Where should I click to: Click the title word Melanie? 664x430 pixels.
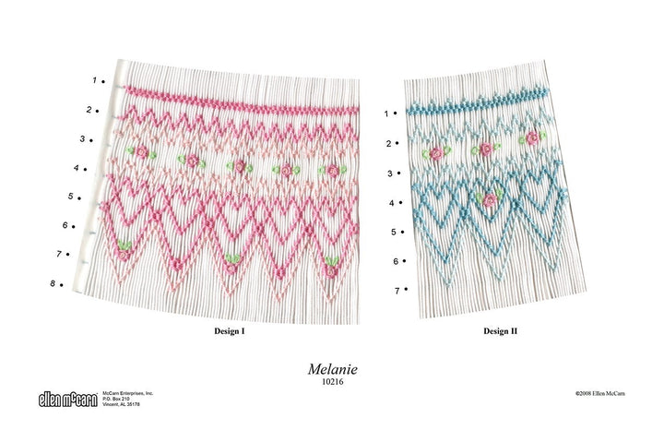[332, 368]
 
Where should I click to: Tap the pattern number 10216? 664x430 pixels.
[332, 380]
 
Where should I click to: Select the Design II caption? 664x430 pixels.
[500, 329]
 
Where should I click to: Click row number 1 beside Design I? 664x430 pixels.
[93, 80]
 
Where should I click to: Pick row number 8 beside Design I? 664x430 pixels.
[53, 283]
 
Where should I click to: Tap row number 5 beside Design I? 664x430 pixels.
[71, 197]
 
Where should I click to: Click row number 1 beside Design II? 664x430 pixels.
[386, 113]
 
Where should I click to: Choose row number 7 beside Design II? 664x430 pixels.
[397, 290]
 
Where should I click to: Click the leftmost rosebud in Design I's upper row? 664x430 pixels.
[142, 151]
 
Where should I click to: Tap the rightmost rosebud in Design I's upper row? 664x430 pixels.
[332, 171]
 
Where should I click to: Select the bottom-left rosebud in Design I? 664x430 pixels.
[125, 245]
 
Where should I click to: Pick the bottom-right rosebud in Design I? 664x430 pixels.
[330, 270]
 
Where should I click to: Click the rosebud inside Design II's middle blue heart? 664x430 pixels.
[490, 199]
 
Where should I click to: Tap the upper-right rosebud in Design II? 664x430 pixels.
[532, 138]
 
